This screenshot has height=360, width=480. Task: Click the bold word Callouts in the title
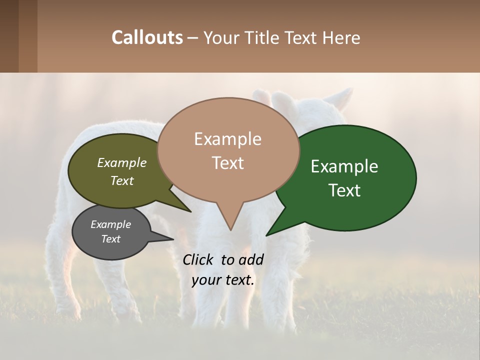147,37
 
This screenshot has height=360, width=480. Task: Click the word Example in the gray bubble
110,224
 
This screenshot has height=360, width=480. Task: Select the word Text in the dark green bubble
344,190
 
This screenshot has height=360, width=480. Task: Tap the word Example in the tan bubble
227,139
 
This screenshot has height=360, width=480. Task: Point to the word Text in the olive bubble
121,180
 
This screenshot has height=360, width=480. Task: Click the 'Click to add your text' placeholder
223,269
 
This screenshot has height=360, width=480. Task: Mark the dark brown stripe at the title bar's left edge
9,36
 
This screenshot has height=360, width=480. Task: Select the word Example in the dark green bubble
344,166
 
